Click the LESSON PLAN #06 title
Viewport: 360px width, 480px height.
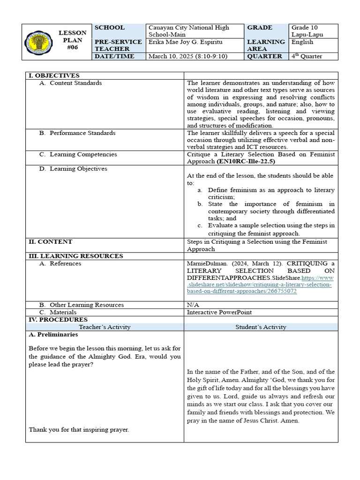[72, 40]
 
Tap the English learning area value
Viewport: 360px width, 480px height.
[303, 42]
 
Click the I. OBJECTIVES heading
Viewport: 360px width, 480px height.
[54, 75]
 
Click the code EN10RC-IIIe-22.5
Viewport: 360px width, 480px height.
[246, 162]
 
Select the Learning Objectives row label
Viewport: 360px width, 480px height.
[78, 169]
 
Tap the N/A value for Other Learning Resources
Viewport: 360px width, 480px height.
[193, 305]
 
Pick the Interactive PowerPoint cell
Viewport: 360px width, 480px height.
[219, 312]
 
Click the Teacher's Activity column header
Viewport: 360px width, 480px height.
[105, 327]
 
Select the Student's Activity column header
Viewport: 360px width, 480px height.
[261, 327]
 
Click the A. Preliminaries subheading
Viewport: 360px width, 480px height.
[53, 335]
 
